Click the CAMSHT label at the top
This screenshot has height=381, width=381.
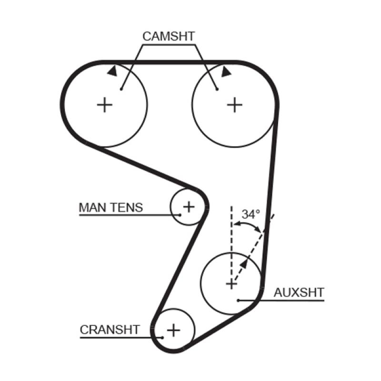[169, 36]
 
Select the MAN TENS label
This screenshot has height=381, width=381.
[110, 208]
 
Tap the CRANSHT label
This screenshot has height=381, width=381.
[110, 330]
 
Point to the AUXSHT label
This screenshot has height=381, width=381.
[299, 292]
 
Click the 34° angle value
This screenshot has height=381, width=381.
[251, 214]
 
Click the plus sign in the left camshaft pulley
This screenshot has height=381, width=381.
[104, 104]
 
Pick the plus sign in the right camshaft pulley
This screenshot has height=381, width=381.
[234, 104]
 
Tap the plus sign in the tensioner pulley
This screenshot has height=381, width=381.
[189, 207]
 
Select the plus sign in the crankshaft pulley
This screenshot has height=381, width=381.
[174, 329]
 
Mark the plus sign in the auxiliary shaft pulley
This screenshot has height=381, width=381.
[231, 284]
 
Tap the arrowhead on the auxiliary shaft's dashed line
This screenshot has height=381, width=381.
[244, 263]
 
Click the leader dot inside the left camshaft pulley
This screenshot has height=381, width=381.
[121, 89]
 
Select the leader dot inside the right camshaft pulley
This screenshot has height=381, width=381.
[217, 89]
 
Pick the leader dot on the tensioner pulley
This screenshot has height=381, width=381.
[180, 215]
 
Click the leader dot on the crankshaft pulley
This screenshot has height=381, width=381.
[162, 337]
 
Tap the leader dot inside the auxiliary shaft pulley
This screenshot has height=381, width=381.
[238, 300]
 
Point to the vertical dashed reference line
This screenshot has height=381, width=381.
[231, 238]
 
